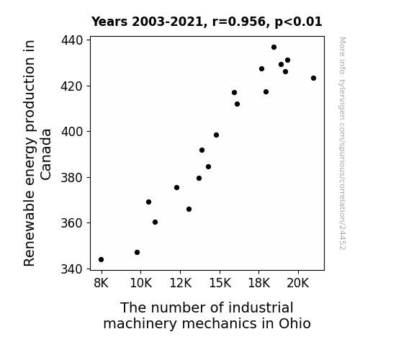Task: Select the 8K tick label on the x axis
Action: (x=101, y=283)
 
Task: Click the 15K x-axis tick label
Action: (x=220, y=283)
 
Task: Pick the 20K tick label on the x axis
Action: (x=298, y=283)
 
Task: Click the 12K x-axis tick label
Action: (x=180, y=283)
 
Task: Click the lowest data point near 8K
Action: (x=101, y=260)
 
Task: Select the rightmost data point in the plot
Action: (x=313, y=78)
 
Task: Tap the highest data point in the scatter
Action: (x=274, y=48)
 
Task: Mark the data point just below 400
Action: (x=216, y=135)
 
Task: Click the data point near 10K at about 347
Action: (x=137, y=253)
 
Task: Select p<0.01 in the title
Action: (x=299, y=22)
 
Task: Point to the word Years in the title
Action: (x=109, y=22)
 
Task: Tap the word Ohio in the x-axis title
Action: (x=294, y=323)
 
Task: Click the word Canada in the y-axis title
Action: (x=46, y=155)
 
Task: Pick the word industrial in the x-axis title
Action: (x=261, y=307)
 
